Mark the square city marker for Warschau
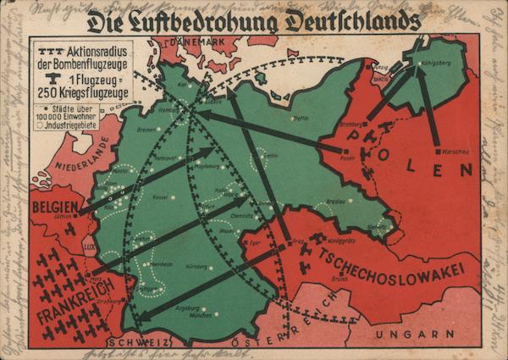click(438, 151)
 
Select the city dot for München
click(214, 313)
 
